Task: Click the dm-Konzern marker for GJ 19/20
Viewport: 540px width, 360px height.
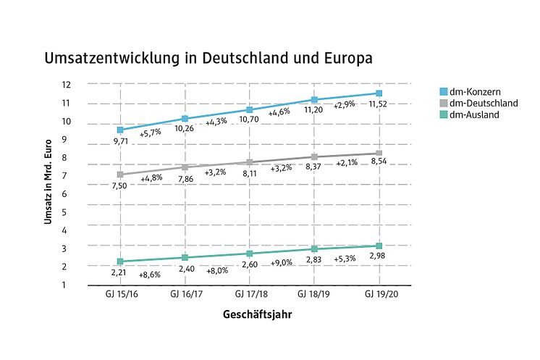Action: [379, 93]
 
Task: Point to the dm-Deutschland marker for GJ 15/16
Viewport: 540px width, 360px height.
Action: [120, 175]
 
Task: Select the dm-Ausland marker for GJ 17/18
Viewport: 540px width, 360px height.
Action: [249, 254]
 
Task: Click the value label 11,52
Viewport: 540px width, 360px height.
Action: [379, 105]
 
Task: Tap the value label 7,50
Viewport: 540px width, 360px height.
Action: [120, 187]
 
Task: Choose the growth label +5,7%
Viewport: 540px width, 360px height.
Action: [150, 134]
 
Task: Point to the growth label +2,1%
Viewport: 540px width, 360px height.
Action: [346, 164]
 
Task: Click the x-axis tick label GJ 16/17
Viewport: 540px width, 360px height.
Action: [185, 296]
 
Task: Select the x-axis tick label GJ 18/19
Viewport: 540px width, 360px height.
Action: [314, 296]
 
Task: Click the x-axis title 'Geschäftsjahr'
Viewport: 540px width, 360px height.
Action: [248, 315]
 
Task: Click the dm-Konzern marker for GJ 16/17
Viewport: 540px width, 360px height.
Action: [185, 118]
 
